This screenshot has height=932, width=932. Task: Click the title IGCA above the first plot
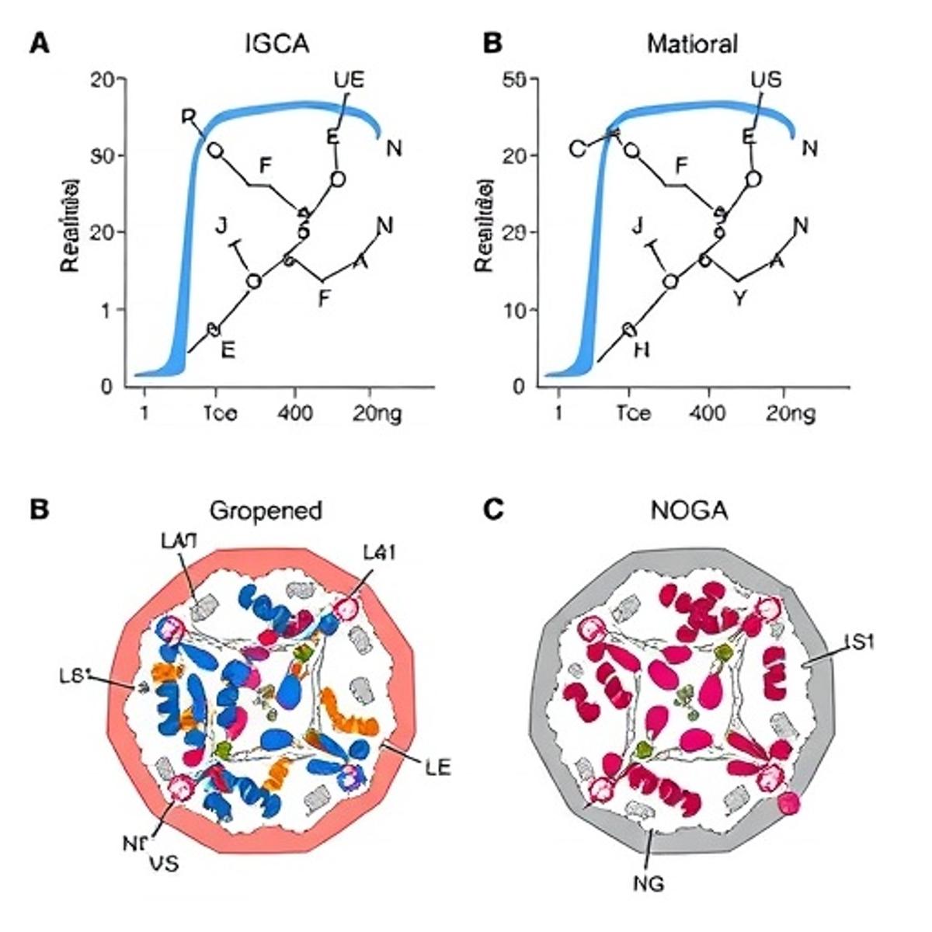click(x=276, y=43)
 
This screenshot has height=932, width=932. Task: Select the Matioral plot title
click(x=692, y=43)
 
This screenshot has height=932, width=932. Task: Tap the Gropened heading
click(x=266, y=510)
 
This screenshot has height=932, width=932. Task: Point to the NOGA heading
click(x=689, y=510)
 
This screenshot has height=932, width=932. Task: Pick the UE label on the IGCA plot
click(x=349, y=80)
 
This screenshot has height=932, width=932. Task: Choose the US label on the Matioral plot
click(x=766, y=80)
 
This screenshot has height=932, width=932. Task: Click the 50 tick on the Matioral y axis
click(x=515, y=79)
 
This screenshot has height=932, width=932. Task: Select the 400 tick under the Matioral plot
click(x=708, y=414)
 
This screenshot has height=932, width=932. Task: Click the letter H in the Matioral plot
click(x=642, y=350)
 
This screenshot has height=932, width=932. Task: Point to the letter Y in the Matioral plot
click(x=739, y=297)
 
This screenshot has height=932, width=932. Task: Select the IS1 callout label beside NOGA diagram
click(x=860, y=642)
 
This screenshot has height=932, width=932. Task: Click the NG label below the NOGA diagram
click(x=649, y=883)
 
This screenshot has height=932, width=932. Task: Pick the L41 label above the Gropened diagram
click(x=381, y=552)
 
